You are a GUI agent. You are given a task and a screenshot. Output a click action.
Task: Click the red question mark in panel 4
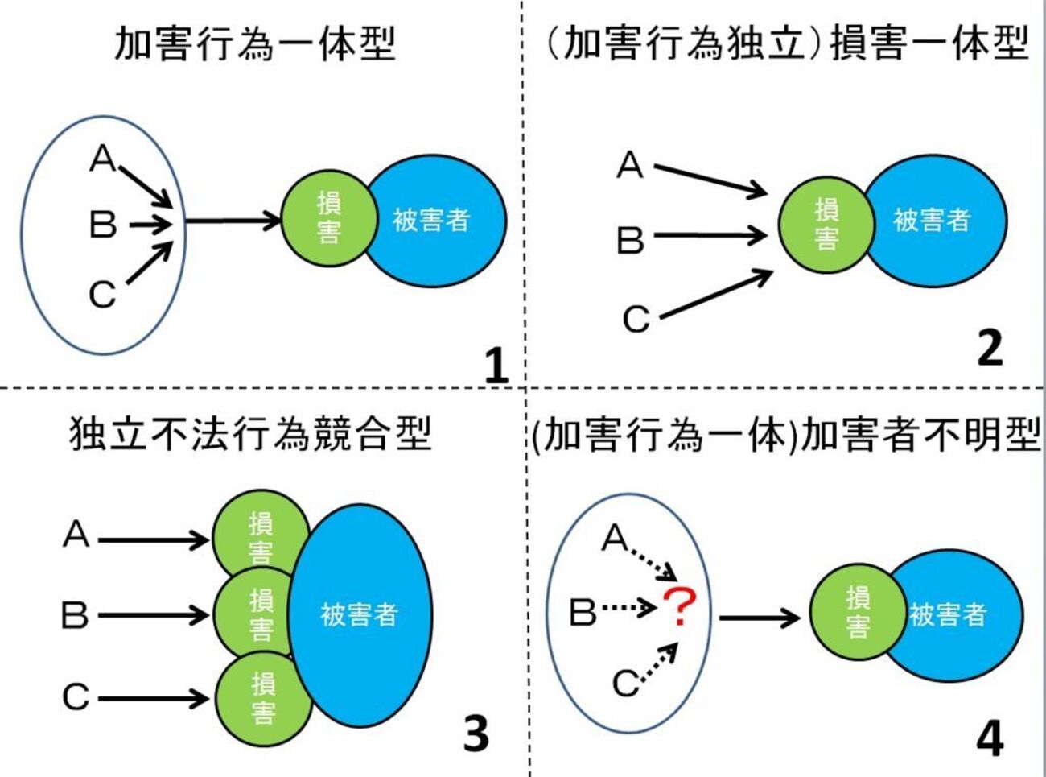point(681,607)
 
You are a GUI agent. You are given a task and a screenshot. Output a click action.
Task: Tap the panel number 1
point(496,365)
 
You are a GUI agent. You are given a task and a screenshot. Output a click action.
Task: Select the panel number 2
point(990,348)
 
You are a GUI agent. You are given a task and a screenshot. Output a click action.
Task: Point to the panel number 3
point(476,734)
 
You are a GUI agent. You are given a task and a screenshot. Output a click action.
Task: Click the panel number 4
point(990,738)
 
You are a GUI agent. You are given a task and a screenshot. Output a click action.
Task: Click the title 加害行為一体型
point(255,43)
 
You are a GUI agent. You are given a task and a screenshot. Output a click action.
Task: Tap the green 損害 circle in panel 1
point(328,218)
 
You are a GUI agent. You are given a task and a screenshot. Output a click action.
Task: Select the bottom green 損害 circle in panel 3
point(262,697)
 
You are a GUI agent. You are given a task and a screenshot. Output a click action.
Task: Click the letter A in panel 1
point(103,159)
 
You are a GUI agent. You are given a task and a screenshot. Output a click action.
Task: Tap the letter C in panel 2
point(636,319)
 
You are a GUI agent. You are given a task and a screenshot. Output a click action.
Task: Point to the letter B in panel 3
point(75,616)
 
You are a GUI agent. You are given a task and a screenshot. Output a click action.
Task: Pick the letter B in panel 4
point(583,612)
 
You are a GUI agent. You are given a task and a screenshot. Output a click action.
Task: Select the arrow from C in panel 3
point(153,697)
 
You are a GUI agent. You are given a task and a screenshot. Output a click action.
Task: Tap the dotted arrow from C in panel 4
point(659,663)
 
